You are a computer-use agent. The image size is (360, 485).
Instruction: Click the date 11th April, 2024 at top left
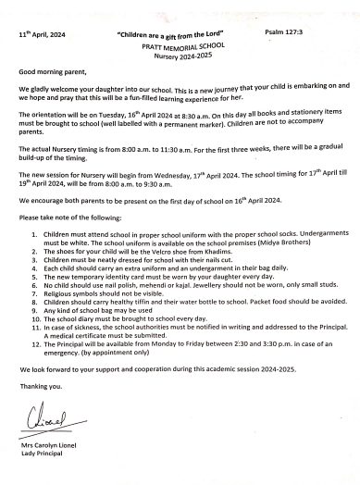40,32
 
